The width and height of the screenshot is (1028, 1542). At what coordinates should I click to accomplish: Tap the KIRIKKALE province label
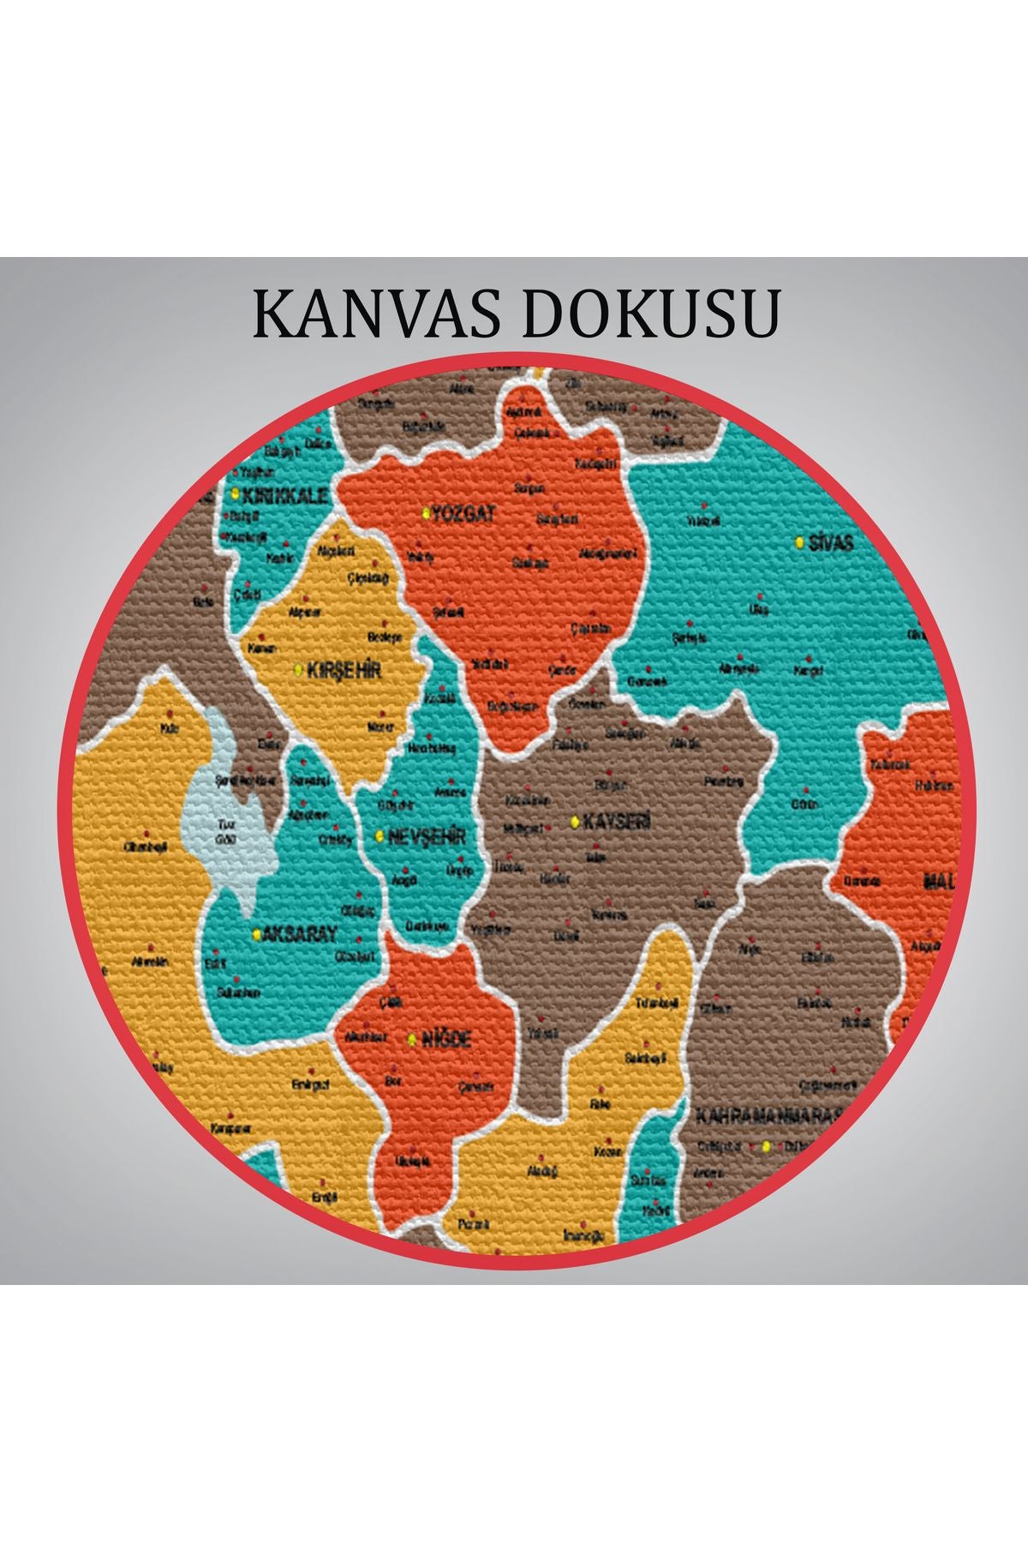pos(285,495)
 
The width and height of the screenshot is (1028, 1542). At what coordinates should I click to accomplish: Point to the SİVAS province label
pos(831,543)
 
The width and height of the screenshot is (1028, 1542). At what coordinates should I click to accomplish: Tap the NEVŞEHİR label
pos(426,836)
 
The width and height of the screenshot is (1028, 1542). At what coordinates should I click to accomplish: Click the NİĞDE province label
pos(445,1040)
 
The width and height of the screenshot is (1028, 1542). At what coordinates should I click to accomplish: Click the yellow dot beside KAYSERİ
pos(574,822)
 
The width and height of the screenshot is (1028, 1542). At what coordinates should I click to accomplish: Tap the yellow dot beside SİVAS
pos(799,543)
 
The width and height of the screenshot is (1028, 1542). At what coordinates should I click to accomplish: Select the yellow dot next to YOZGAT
pos(426,514)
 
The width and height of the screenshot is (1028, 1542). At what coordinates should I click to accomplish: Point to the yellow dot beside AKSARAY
pos(255,935)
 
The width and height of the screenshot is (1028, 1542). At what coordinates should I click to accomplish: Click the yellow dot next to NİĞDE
pos(412,1040)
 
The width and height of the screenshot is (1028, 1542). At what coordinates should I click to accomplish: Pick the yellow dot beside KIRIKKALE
pos(234,494)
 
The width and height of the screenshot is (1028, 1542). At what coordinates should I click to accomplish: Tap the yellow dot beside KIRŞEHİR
pos(298,670)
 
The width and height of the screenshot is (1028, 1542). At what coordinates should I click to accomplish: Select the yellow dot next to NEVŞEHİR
pos(380,836)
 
